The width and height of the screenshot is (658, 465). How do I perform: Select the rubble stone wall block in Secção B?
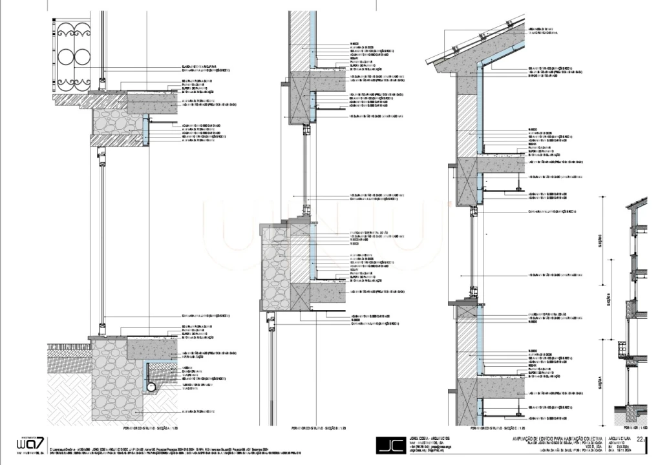[273, 268]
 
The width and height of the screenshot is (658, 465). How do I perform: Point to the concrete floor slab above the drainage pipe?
[151, 349]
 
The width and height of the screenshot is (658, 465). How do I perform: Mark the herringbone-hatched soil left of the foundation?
[70, 394]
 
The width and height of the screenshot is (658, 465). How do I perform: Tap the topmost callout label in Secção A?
[204, 66]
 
